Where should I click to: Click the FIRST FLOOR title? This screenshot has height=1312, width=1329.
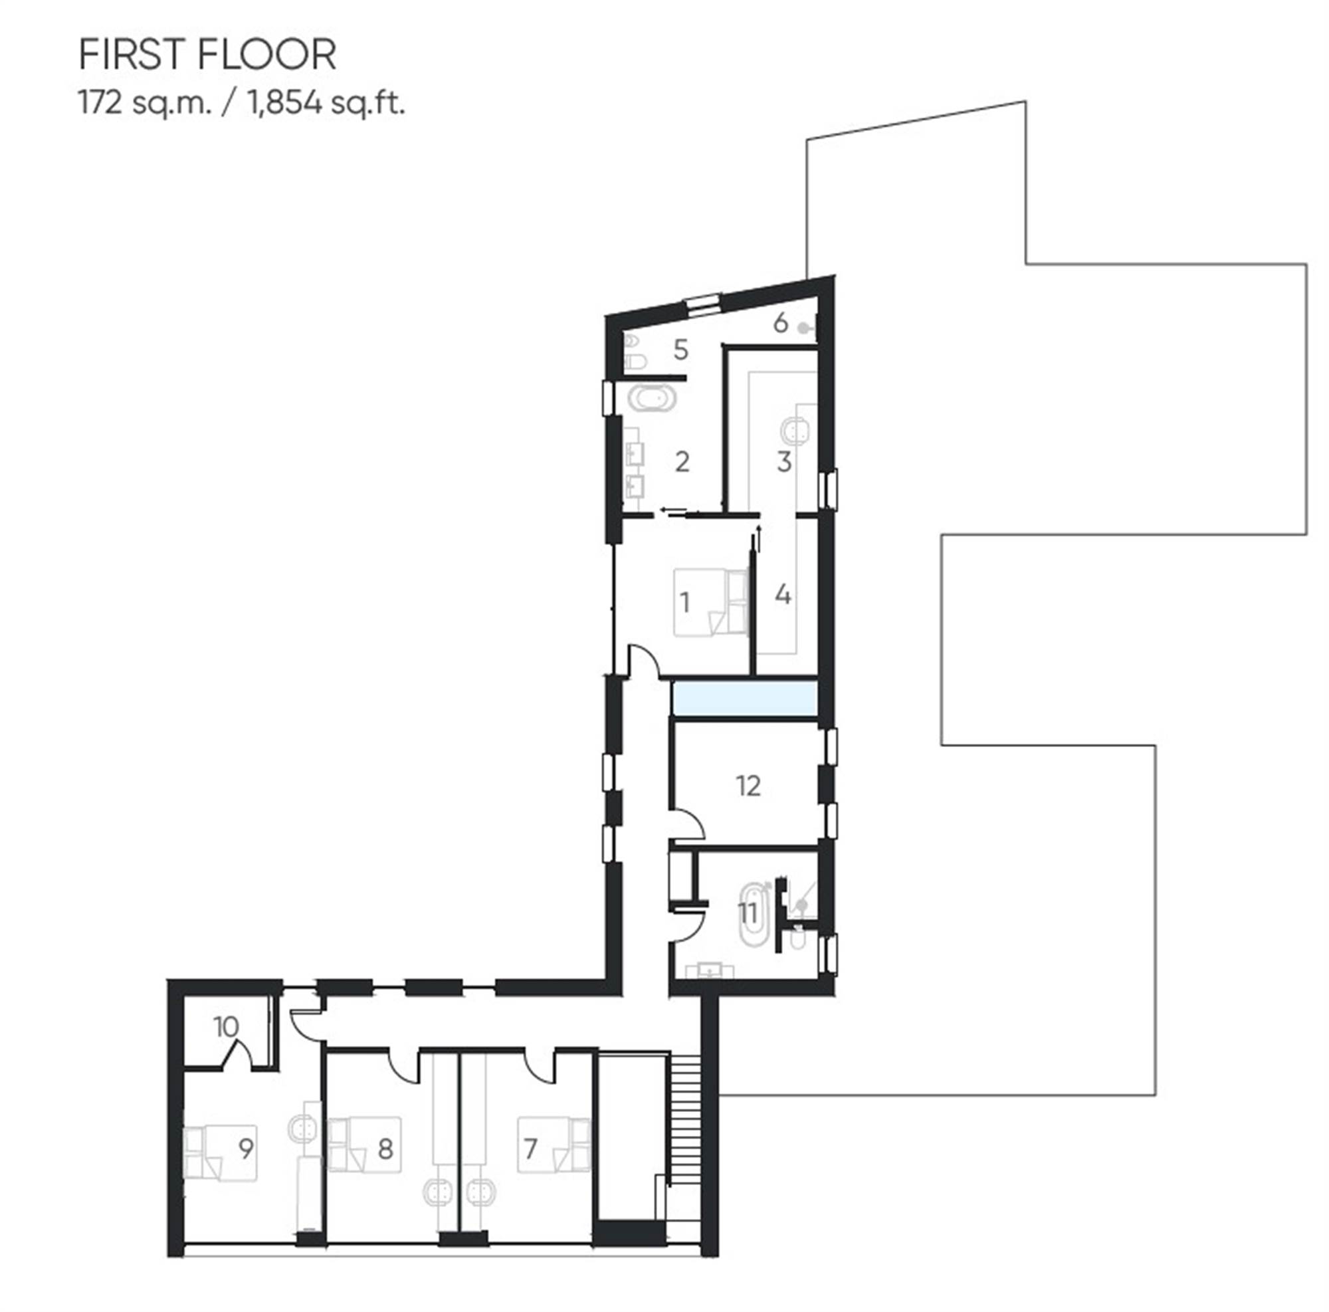point(208,55)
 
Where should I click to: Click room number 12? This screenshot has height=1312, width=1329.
point(748,786)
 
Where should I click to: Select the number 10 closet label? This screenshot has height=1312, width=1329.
point(227,1027)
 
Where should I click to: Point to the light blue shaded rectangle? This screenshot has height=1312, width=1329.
point(744,699)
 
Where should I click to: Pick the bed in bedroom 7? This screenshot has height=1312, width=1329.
point(554,1145)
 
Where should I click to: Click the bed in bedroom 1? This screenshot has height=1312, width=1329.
point(710,602)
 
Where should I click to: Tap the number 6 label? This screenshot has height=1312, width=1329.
point(780,322)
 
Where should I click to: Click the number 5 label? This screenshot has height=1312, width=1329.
point(680,350)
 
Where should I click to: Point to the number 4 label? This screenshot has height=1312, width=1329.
point(783,594)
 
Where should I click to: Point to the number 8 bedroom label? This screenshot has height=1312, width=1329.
point(385,1148)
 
